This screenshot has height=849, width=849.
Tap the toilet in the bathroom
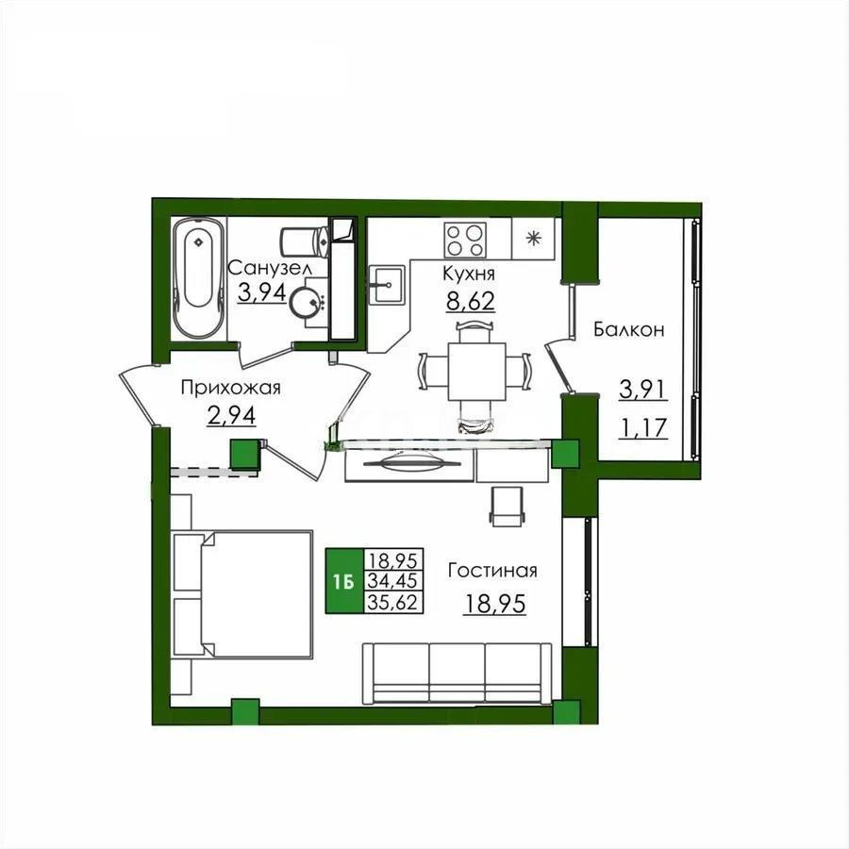[305, 241]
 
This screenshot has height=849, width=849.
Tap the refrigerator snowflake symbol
[534, 237]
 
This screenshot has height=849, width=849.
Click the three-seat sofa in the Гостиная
[458, 672]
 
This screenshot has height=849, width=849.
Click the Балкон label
[629, 329]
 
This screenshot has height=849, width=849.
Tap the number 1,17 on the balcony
[642, 429]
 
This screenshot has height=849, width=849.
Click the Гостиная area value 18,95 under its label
[494, 603]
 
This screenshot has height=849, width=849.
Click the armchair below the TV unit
[506, 507]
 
